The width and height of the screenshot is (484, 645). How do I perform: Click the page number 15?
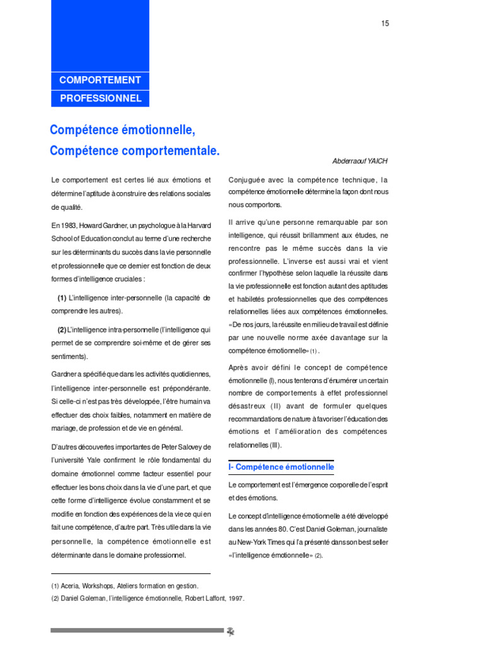point(385,24)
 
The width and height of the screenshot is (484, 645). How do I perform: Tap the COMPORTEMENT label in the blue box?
point(100,80)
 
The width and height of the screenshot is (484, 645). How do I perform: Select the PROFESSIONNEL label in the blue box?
point(100,98)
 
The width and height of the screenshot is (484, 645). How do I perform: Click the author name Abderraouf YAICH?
point(360,161)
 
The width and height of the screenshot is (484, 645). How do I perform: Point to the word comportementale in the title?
point(167,151)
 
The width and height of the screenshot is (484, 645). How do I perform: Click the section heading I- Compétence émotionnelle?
point(281,467)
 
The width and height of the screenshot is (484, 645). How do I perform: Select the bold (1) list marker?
point(62,298)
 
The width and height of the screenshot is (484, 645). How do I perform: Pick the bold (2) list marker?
point(62,329)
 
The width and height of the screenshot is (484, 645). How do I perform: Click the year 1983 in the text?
point(69,225)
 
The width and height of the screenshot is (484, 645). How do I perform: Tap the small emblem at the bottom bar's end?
point(231,632)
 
